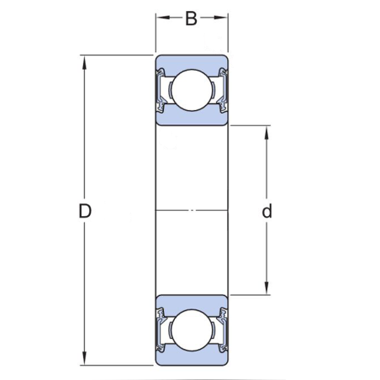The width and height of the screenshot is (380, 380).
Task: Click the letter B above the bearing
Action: (x=191, y=18)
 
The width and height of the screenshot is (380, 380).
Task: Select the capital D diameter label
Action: (x=84, y=211)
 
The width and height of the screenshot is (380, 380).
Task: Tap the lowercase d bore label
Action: (x=267, y=211)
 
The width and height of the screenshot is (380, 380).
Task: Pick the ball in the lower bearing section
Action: (x=191, y=330)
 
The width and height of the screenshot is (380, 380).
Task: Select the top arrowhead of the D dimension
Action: (x=84, y=60)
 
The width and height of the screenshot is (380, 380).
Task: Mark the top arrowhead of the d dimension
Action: (x=267, y=129)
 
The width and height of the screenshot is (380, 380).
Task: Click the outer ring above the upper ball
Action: (x=191, y=62)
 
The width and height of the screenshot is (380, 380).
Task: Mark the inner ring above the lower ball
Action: (x=191, y=302)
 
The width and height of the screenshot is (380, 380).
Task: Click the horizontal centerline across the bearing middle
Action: (x=191, y=209)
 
